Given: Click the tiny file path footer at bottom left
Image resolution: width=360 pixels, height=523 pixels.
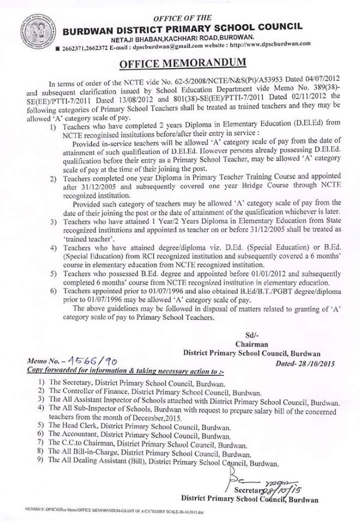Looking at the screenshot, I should pos(109,513).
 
